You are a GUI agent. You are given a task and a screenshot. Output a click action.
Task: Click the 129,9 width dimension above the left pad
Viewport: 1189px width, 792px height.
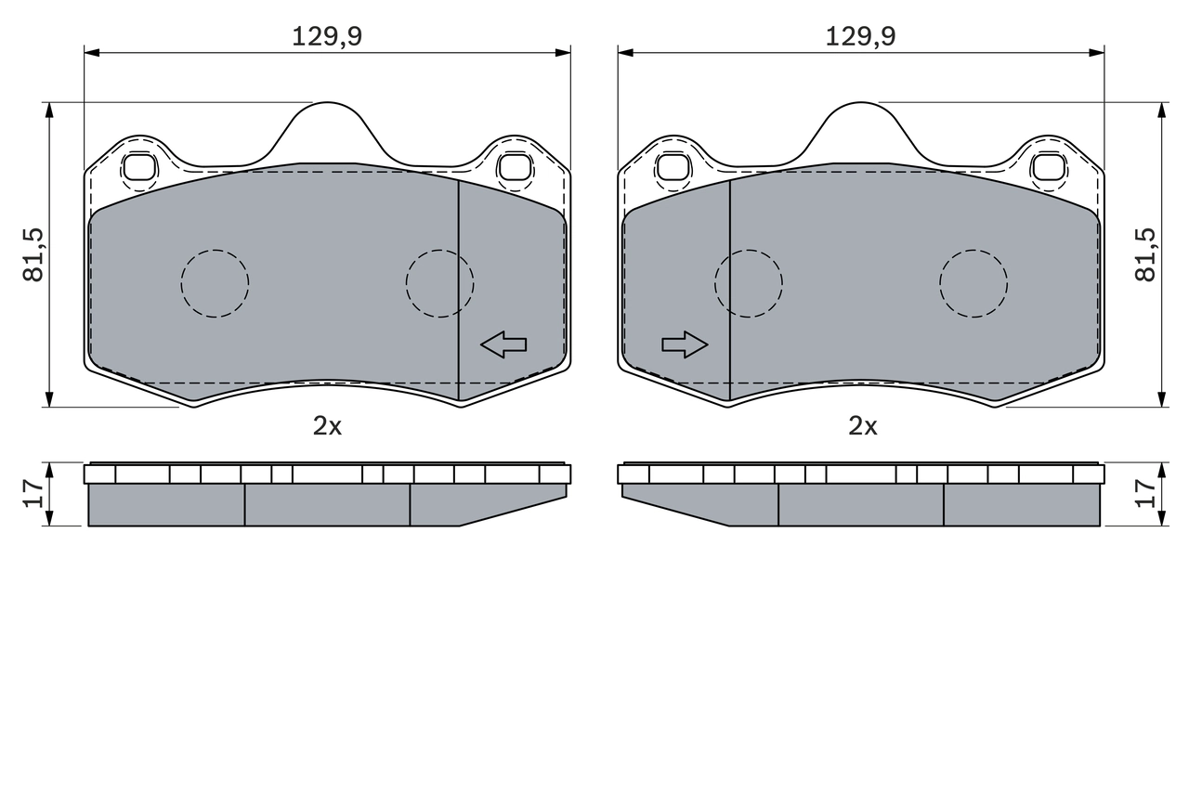(327, 36)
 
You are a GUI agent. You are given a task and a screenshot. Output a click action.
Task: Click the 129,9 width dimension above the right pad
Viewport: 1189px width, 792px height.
(861, 36)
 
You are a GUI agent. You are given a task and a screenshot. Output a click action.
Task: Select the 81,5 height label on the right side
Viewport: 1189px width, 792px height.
(1145, 255)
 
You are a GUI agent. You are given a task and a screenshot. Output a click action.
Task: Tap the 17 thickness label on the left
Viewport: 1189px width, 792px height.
(33, 494)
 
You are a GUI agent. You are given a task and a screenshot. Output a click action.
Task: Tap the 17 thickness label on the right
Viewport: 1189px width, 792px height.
(1145, 494)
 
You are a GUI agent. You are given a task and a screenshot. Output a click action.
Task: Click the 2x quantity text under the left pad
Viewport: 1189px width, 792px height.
(327, 425)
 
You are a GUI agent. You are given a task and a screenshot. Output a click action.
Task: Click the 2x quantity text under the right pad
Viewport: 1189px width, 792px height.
(862, 425)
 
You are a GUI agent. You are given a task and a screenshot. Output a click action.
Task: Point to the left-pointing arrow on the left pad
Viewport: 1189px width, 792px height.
(503, 344)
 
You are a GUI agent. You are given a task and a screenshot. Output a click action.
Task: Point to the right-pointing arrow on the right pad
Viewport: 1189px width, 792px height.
(685, 344)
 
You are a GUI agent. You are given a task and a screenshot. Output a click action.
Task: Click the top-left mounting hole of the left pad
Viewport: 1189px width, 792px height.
(140, 167)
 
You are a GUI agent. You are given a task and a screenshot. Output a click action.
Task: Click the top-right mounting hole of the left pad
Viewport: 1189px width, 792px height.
(514, 167)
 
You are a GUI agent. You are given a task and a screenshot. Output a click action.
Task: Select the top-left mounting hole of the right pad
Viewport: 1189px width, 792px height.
(673, 167)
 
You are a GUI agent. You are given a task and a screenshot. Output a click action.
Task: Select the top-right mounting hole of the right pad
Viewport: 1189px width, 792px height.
(1048, 167)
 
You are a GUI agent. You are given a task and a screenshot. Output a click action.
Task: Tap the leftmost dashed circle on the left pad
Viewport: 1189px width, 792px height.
(215, 283)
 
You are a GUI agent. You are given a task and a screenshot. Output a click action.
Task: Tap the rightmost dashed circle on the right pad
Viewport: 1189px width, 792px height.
(973, 283)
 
